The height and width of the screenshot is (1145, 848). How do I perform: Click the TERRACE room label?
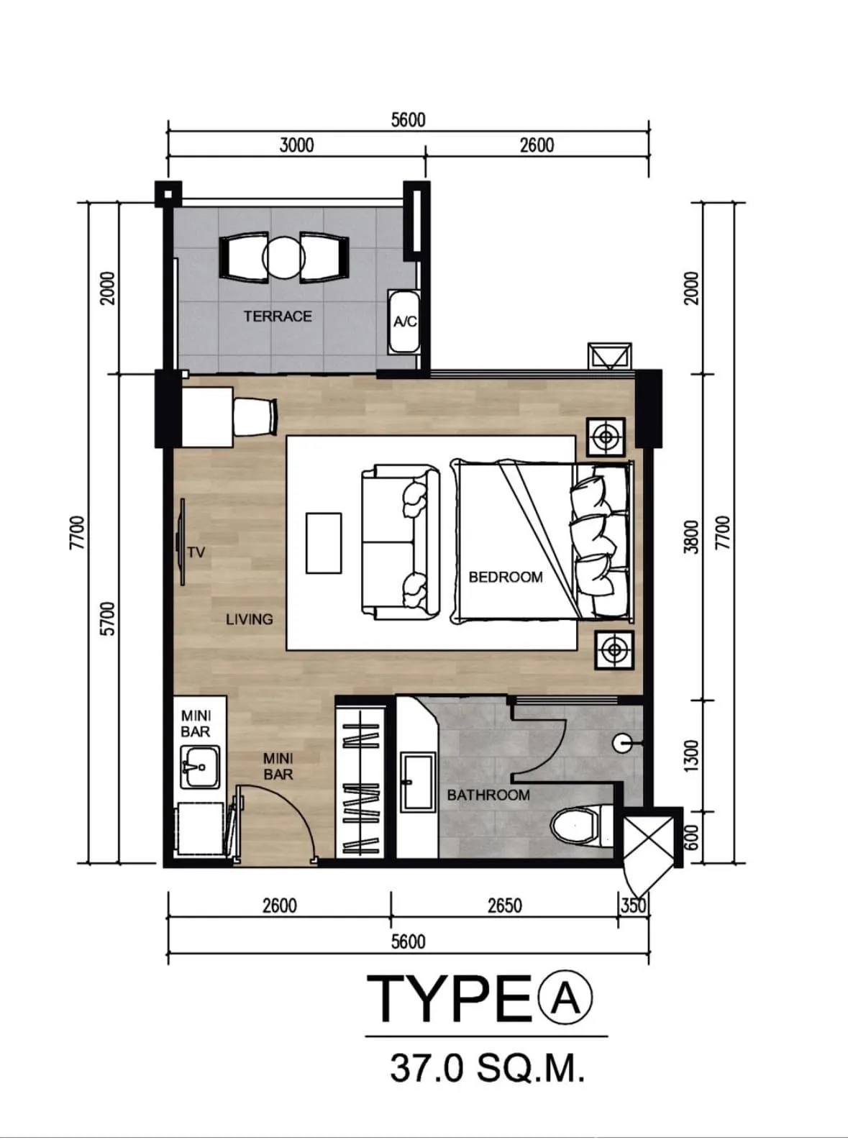pyautogui.click(x=278, y=316)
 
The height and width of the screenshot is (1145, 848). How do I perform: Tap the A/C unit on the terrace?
pyautogui.click(x=404, y=321)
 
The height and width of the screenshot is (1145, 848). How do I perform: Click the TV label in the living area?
pyautogui.click(x=196, y=553)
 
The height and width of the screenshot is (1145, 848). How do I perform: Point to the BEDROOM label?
pyautogui.click(x=506, y=577)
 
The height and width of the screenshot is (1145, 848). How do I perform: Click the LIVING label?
pyautogui.click(x=250, y=619)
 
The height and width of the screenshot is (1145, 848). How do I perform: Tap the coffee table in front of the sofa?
pyautogui.click(x=324, y=542)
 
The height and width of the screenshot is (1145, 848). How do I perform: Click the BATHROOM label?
pyautogui.click(x=488, y=795)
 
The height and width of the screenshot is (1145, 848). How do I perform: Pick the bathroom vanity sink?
pyautogui.click(x=419, y=782)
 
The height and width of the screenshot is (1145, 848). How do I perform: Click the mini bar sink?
pyautogui.click(x=199, y=767)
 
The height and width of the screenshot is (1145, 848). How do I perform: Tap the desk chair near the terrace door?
pyautogui.click(x=255, y=417)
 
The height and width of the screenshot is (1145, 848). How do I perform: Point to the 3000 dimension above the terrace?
pyautogui.click(x=296, y=145)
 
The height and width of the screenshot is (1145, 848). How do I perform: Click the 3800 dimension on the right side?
pyautogui.click(x=691, y=537)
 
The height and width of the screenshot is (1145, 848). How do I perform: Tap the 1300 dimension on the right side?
pyautogui.click(x=691, y=757)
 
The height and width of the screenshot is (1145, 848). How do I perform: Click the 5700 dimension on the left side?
pyautogui.click(x=109, y=619)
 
